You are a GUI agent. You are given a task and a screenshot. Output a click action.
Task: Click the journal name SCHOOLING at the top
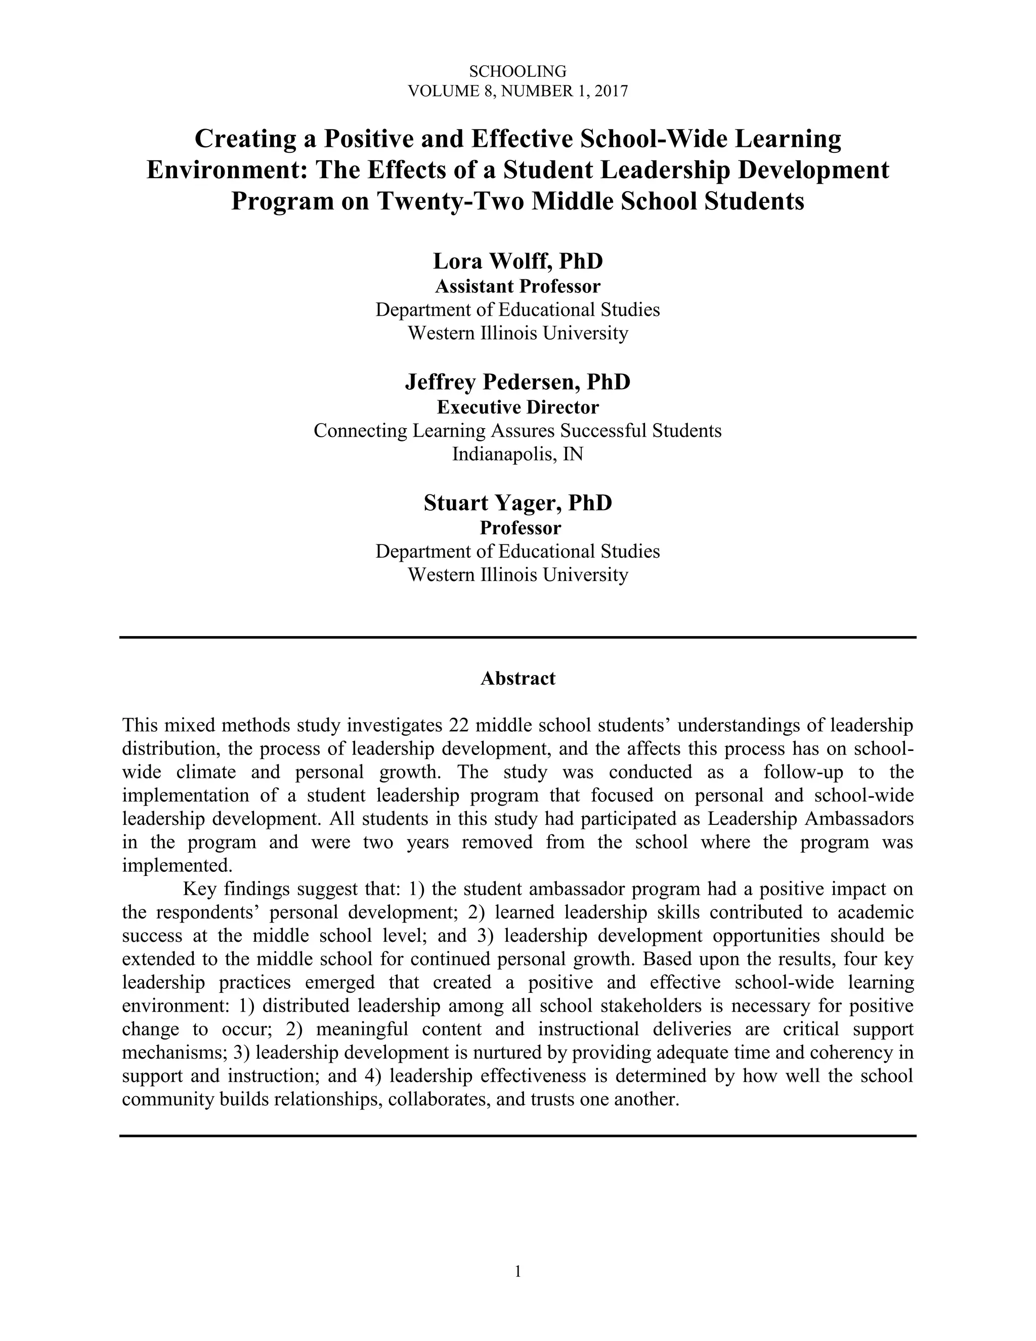(x=517, y=72)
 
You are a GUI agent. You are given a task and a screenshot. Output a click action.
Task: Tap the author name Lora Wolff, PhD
(x=517, y=261)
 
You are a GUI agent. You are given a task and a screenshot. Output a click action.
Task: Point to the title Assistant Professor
(x=517, y=286)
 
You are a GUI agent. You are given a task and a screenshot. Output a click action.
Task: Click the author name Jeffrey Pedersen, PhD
(x=517, y=382)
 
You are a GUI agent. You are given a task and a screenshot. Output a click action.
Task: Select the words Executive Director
(x=517, y=407)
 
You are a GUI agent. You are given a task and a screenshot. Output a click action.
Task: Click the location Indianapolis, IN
(x=517, y=454)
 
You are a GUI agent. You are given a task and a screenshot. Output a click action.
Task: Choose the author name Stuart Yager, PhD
(x=517, y=503)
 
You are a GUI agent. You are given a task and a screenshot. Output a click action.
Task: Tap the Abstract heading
(x=517, y=679)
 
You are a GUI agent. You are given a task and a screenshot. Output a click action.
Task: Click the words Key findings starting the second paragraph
(x=224, y=889)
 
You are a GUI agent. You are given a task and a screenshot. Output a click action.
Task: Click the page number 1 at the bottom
(x=517, y=1272)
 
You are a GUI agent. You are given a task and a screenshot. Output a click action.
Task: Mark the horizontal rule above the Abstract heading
(x=517, y=637)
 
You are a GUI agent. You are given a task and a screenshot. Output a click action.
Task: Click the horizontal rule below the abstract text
(x=517, y=1136)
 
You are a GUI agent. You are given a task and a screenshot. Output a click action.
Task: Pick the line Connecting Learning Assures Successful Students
(x=517, y=431)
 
